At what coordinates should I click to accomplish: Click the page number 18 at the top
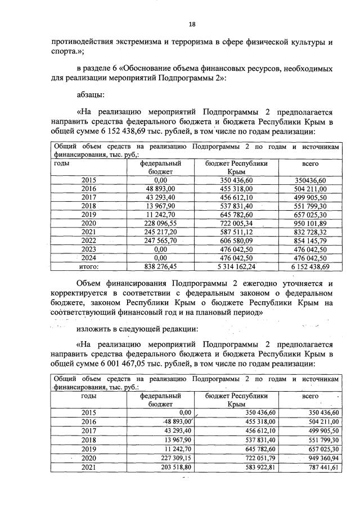(192, 24)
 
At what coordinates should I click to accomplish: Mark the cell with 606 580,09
(240, 241)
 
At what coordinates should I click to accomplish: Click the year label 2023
(89, 249)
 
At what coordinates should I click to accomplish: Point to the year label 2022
(89, 241)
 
